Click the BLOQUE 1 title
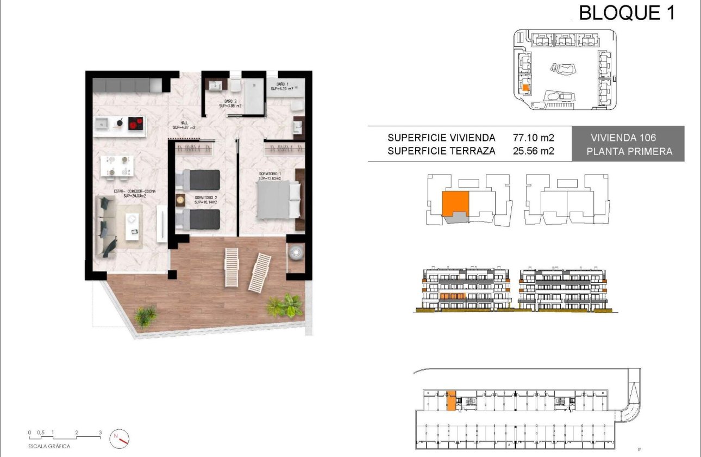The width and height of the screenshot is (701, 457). coord(627,13)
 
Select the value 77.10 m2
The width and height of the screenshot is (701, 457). coord(534,138)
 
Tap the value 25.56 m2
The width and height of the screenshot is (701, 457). coord(534,151)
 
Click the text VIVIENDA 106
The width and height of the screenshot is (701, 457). coord(629,138)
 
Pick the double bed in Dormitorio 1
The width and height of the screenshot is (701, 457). coord(278,200)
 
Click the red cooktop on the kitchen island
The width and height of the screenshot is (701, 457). coord(136,125)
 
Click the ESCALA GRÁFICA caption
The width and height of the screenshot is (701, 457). coord(50,446)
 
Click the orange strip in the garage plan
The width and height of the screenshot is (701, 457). coord(451,400)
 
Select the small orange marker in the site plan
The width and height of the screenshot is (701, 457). coord(525,87)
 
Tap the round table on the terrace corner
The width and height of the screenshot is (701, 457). coord(297,252)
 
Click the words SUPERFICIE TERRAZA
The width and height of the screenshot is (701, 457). coord(441,151)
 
